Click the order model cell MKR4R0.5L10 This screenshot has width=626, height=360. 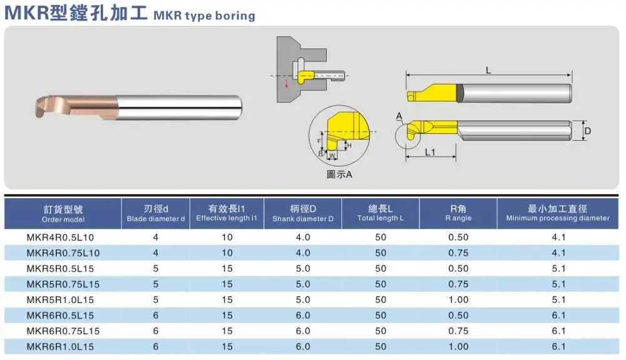click(60, 237)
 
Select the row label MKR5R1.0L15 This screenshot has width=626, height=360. click(60, 300)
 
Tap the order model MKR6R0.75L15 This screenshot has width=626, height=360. click(63, 331)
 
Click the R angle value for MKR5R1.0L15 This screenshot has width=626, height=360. click(458, 300)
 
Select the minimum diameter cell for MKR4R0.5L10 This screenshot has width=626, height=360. click(558, 237)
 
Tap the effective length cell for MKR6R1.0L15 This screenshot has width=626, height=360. click(227, 346)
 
